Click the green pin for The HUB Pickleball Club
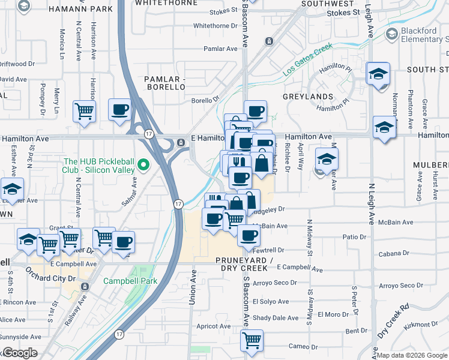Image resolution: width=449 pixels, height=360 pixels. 143,164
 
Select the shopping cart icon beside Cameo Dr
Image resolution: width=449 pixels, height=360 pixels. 252,340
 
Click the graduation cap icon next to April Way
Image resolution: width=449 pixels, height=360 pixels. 327,159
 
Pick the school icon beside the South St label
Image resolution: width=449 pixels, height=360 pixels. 378,74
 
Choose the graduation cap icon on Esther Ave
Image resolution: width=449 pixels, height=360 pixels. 12,189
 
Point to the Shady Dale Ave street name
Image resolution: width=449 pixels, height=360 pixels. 276,318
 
